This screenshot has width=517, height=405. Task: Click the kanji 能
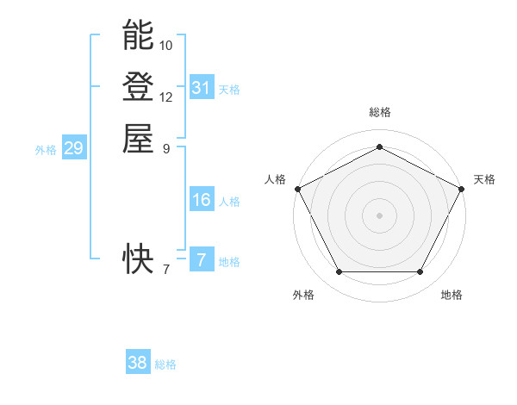[x=139, y=36]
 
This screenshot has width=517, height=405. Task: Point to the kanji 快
[x=139, y=256]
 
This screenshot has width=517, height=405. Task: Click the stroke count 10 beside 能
[x=166, y=45]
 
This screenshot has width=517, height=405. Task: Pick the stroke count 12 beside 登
[x=166, y=97]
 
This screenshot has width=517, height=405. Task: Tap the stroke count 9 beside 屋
[x=166, y=147]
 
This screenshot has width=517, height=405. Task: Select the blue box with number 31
[x=202, y=88]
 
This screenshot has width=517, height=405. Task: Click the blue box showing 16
[x=202, y=200]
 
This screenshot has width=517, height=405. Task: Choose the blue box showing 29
[x=73, y=149]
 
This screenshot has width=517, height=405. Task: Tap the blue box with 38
[x=138, y=363]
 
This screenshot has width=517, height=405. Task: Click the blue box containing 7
[x=202, y=260]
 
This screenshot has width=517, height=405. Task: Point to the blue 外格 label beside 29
[x=46, y=150]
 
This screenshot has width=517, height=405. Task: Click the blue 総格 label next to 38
[x=165, y=364]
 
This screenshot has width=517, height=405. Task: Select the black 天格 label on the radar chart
[x=484, y=179]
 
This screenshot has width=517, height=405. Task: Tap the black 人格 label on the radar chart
[x=275, y=179]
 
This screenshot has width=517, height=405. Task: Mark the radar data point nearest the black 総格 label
[x=379, y=146]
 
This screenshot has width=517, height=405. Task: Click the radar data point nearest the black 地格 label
[x=420, y=272]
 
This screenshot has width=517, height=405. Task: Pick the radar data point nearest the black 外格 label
[x=339, y=272]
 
